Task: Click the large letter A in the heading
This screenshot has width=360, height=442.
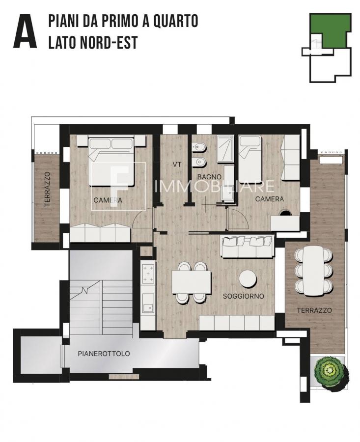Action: (x=25, y=31)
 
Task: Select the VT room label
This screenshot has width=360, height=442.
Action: (x=177, y=165)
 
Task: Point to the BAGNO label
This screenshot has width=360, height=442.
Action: (x=209, y=177)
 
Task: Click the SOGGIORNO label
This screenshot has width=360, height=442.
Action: (x=243, y=296)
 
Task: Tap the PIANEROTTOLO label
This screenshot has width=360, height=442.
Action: (x=104, y=354)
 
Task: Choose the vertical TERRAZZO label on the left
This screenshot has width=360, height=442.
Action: (x=47, y=189)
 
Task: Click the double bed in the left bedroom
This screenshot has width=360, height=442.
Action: (x=111, y=161)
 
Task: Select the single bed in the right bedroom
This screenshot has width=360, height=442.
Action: (x=250, y=158)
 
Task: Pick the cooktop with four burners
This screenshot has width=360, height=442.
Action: (x=148, y=274)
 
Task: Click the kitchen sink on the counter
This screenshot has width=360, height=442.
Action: (x=148, y=308)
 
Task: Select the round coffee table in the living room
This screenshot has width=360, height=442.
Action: (x=248, y=279)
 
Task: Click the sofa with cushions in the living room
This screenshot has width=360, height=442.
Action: (x=248, y=247)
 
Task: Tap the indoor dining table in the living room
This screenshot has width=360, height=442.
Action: (x=192, y=282)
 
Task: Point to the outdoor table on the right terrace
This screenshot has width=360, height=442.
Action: (x=313, y=271)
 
